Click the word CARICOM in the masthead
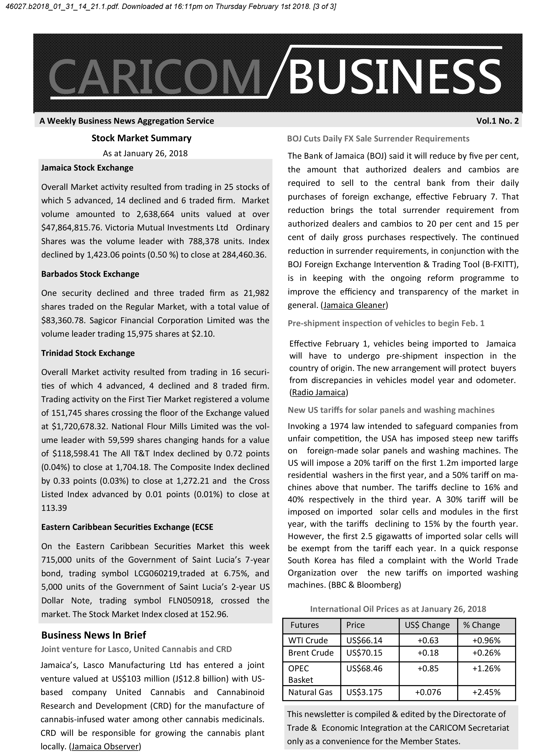[x=155, y=77]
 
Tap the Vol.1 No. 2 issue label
[x=497, y=121]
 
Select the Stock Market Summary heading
[x=141, y=138]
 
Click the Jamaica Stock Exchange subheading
[x=87, y=168]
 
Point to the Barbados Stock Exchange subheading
[x=90, y=274]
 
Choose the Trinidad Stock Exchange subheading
[x=88, y=353]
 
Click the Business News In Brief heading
[x=94, y=635]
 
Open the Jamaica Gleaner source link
[x=354, y=305]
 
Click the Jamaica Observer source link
[x=105, y=746]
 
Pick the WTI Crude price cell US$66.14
[x=364, y=640]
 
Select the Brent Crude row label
[x=311, y=653]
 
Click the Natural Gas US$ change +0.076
[x=428, y=692]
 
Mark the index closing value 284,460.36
[x=243, y=255]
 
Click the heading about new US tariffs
[x=391, y=410]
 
